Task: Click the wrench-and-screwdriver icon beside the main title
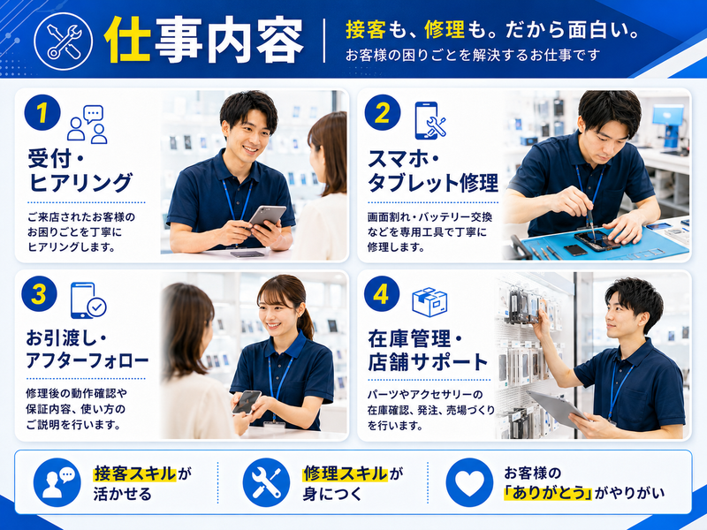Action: click(x=63, y=41)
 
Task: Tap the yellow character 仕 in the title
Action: click(x=126, y=40)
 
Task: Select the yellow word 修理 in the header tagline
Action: click(x=445, y=30)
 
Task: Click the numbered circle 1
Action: click(x=42, y=113)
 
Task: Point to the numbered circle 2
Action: click(x=383, y=113)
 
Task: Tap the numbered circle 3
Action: click(x=39, y=294)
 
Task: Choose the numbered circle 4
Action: click(x=382, y=294)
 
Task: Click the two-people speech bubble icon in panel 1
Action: click(x=87, y=125)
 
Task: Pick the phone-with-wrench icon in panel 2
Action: click(x=430, y=120)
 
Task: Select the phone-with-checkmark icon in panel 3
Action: click(x=88, y=300)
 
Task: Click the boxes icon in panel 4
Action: click(x=430, y=301)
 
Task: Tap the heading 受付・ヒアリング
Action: click(x=80, y=170)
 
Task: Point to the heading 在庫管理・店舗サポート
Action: click(x=429, y=351)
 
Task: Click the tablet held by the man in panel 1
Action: click(x=268, y=216)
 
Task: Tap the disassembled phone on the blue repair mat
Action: click(x=596, y=240)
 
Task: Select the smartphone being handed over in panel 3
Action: click(x=247, y=402)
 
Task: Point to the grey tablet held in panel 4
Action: click(x=558, y=408)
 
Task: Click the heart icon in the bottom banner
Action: click(x=469, y=482)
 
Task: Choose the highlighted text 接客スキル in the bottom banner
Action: click(x=135, y=473)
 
